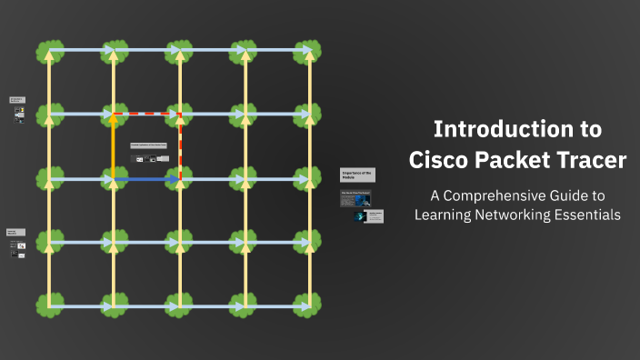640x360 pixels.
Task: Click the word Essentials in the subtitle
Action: pyautogui.click(x=583, y=215)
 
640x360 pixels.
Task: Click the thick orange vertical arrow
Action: pyautogui.click(x=114, y=145)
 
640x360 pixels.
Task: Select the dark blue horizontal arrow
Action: pyautogui.click(x=145, y=180)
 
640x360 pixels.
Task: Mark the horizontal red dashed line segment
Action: pyautogui.click(x=146, y=115)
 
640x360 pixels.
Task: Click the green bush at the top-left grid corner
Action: pyautogui.click(x=48, y=52)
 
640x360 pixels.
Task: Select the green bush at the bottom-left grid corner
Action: pyautogui.click(x=48, y=306)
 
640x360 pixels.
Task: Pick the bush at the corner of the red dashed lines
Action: pyautogui.click(x=179, y=115)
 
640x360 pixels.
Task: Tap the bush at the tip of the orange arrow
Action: pyautogui.click(x=114, y=115)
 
